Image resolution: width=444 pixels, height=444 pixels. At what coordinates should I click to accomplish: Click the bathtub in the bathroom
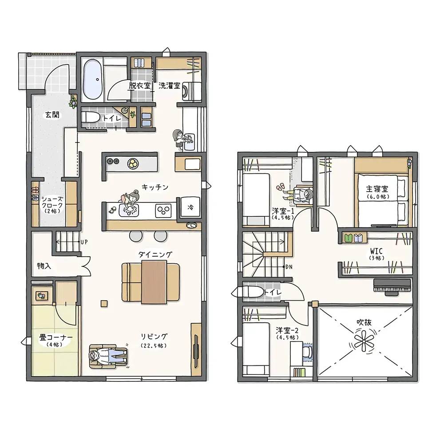93,79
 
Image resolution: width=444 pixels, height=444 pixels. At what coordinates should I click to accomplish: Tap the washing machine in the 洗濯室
192,91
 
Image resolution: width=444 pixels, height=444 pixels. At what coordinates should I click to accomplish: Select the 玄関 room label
52,115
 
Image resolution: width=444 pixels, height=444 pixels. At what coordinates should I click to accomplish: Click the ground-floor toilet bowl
90,117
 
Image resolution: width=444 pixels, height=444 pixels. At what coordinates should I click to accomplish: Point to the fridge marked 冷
190,207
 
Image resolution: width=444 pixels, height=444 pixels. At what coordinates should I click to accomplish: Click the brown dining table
154,282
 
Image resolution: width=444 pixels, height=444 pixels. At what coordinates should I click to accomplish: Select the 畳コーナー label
56,338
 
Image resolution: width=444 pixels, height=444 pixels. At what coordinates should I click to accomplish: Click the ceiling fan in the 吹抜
364,342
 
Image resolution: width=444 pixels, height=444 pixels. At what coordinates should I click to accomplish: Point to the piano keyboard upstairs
392,285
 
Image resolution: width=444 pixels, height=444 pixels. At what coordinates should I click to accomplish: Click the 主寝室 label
377,189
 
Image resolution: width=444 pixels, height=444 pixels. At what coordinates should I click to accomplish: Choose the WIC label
377,251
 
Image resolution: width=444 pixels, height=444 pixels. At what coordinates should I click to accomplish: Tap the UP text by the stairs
84,242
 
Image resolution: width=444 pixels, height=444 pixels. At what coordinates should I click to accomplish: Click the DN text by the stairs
289,267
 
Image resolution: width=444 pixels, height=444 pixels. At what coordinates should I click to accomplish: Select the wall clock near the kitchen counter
191,225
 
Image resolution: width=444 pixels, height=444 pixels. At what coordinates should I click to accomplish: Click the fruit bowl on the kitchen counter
133,163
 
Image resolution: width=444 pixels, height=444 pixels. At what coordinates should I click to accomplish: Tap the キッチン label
155,187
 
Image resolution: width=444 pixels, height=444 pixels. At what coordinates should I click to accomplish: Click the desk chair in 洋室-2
307,352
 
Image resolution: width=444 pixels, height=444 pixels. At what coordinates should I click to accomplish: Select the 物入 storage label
44,266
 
